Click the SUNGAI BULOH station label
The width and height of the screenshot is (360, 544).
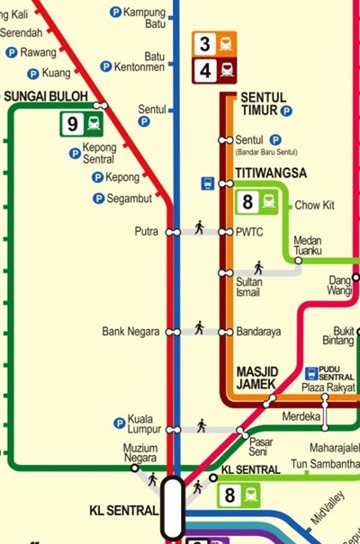45,95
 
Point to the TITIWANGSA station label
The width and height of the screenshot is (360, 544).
271,173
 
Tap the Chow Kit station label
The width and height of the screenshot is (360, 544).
314,206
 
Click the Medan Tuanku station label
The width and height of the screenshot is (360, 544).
308,245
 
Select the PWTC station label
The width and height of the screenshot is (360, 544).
248,232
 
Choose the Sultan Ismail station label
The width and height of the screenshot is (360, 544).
248,287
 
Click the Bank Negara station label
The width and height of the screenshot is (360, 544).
130,332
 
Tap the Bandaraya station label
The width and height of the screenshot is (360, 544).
258,332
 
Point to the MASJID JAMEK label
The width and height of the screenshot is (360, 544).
257,378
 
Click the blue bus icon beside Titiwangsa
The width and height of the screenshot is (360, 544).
208,183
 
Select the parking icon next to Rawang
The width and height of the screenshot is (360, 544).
12,53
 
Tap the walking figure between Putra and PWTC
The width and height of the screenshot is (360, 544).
199,227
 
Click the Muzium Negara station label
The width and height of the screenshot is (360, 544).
139,452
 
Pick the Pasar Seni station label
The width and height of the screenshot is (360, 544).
261,446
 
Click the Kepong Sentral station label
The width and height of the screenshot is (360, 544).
99,153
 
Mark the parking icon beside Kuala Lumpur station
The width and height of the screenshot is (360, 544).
119,423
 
